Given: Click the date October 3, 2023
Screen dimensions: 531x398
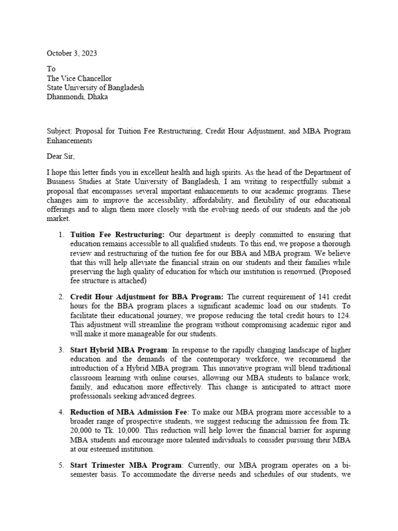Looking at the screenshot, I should point(72,53).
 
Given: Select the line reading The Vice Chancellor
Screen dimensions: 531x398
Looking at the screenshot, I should point(79,78).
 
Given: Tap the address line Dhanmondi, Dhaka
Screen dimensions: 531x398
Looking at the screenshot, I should point(78,97).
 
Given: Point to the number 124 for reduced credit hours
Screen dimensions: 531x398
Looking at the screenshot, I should point(344,315).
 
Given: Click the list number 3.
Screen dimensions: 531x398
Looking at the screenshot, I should point(60,350).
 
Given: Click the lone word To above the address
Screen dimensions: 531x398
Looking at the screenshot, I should point(51,69).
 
